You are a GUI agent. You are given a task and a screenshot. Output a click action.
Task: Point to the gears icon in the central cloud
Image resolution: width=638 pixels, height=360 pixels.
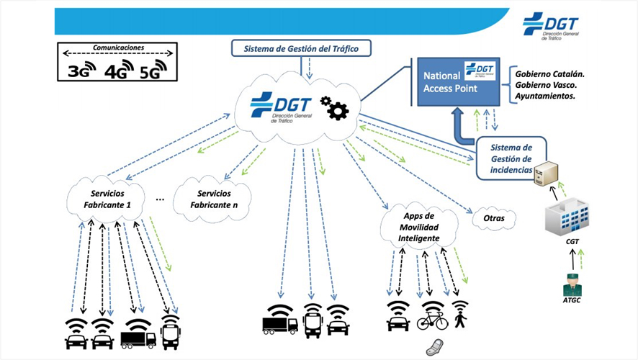point(333,108)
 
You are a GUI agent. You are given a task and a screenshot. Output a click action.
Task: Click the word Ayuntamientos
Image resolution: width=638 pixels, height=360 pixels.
point(545,96)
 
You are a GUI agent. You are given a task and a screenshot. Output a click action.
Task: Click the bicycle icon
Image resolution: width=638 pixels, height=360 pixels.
point(432,320)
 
